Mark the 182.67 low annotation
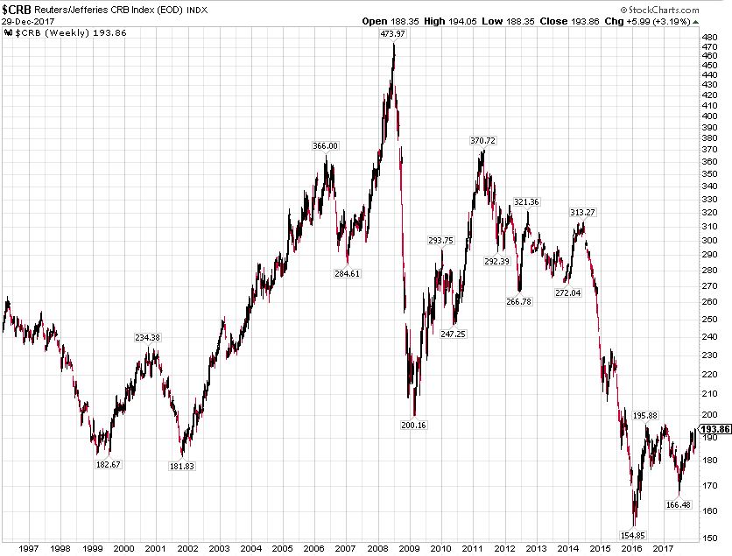point(108,464)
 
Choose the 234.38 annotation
point(147,337)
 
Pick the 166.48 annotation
point(678,504)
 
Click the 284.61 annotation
point(347,274)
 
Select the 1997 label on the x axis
point(27,548)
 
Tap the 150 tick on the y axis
point(710,537)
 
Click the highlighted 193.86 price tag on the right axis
point(716,428)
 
